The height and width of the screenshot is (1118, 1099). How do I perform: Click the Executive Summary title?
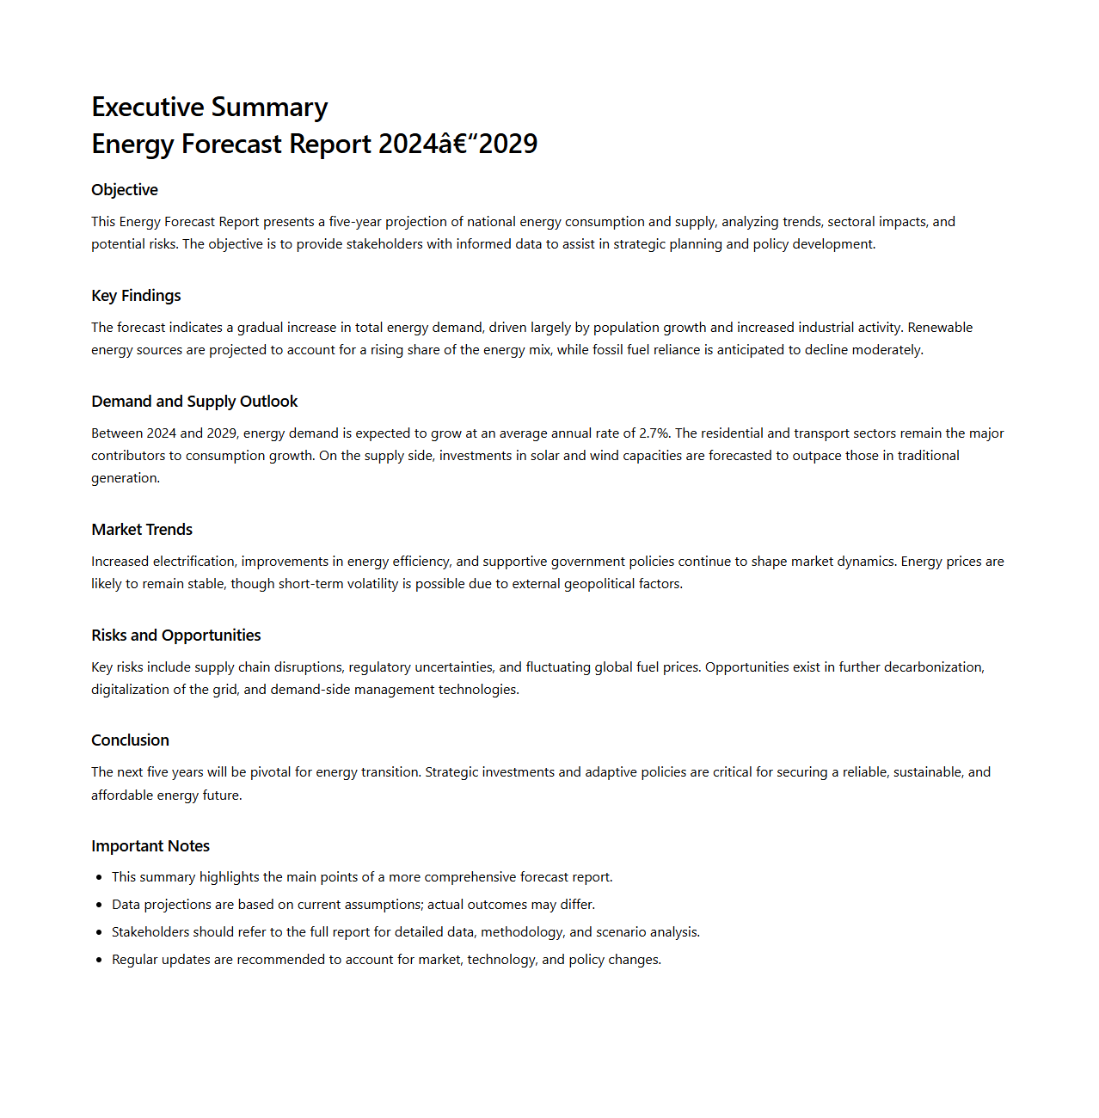coord(209,107)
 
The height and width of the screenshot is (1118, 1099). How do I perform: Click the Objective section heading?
coord(125,190)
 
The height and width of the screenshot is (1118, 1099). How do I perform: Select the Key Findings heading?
coord(136,296)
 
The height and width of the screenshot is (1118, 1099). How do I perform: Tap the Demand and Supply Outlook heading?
coord(194,402)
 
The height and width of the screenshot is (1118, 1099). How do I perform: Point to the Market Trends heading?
coord(142,530)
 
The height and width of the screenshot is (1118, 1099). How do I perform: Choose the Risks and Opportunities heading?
coord(175,636)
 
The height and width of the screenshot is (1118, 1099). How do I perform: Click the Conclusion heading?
coord(130,740)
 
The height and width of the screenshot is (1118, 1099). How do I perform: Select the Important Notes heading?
coord(150,846)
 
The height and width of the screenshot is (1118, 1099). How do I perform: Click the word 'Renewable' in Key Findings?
coord(940,328)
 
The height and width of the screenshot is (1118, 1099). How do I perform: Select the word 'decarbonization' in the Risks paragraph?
coord(933,667)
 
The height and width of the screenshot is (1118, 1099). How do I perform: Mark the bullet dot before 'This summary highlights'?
coord(100,877)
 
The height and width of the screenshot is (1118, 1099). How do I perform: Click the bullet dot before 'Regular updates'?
coord(100,960)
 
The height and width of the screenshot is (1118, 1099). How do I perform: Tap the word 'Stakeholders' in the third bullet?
coord(150,932)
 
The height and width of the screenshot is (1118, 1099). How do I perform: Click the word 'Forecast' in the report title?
coord(232,144)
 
